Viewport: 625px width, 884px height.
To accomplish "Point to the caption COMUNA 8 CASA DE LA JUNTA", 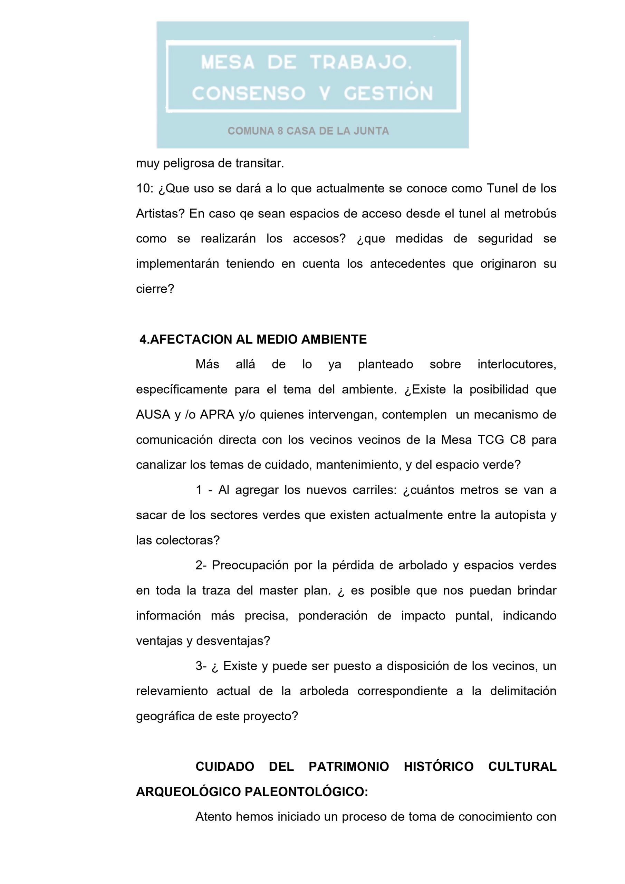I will coord(308,131).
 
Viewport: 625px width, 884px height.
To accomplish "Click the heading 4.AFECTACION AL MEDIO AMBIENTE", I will coord(253,339).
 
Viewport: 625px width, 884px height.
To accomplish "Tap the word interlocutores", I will coord(517,365).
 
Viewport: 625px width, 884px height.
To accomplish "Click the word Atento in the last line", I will coord(214,817).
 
